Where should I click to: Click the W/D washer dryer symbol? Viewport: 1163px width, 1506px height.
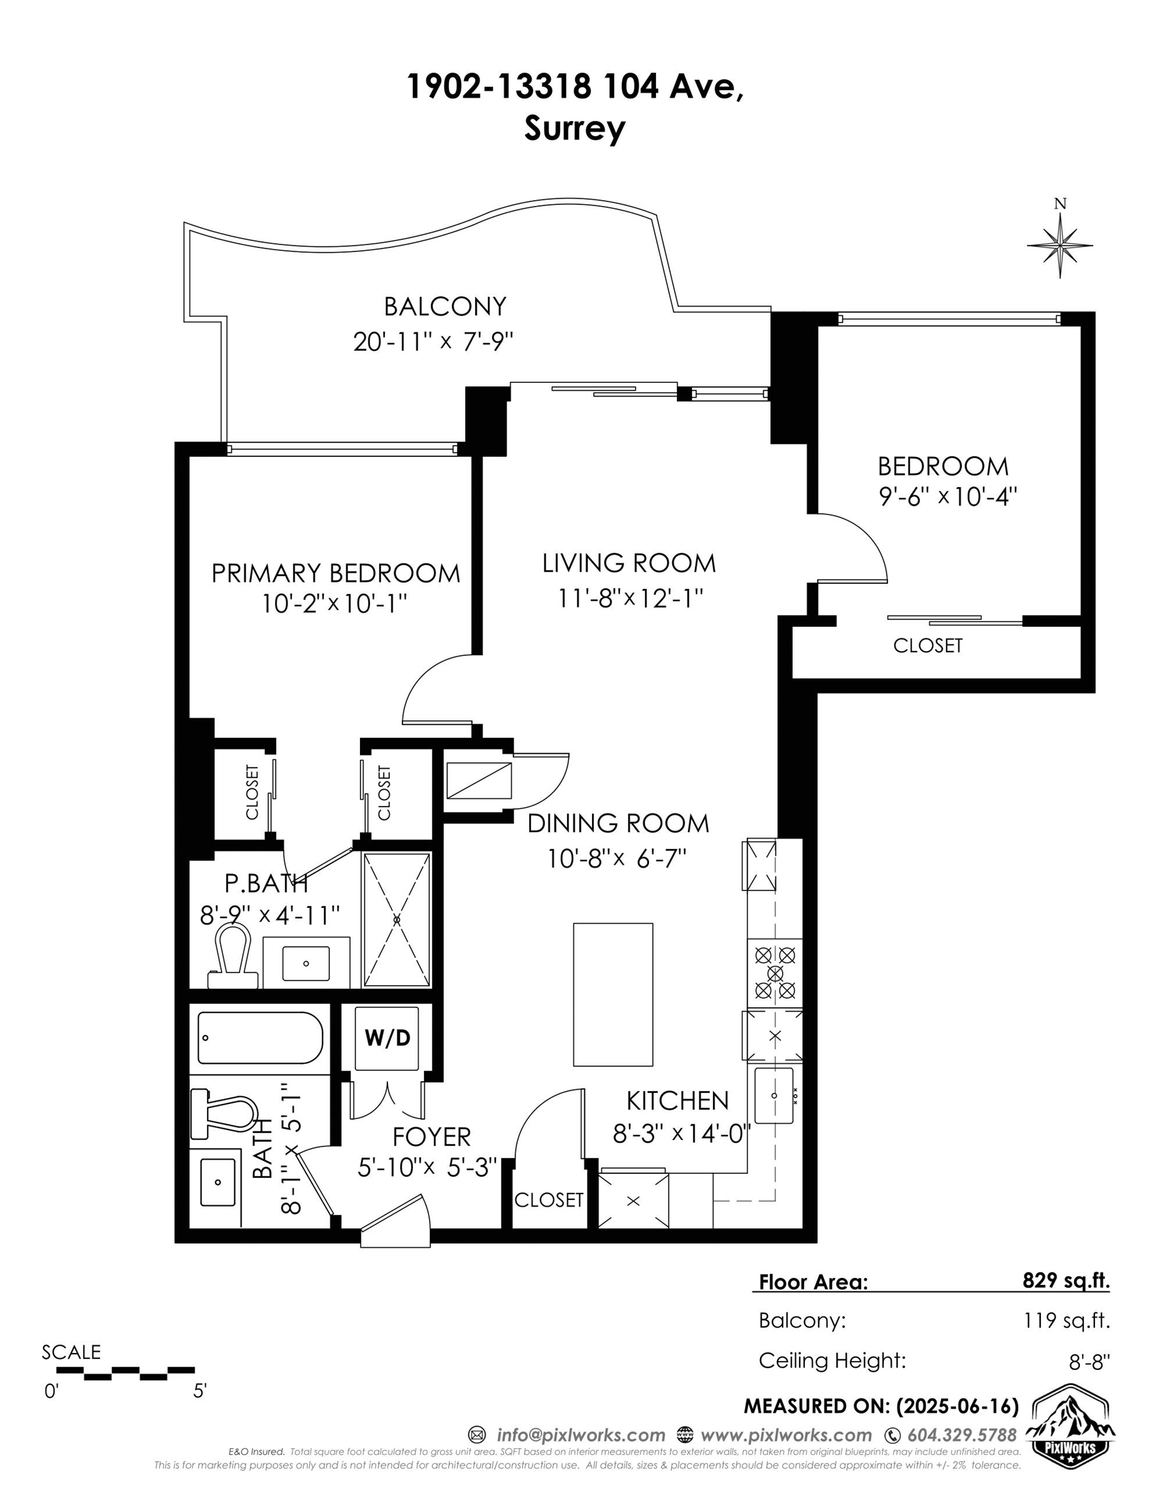pos(387,1038)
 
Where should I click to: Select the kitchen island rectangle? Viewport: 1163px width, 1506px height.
pos(613,994)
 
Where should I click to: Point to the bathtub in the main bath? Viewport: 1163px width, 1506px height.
pos(260,1039)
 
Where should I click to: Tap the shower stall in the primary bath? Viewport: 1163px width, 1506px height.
pos(397,920)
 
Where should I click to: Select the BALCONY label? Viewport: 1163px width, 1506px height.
pos(445,306)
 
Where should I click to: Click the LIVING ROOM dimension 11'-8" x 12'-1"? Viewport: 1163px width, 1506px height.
pos(629,598)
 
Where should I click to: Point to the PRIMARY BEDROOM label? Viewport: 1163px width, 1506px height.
pos(335,573)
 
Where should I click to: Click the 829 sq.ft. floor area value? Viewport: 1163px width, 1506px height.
pos(1066,1280)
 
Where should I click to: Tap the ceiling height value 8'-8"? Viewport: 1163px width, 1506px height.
pos(1089,1362)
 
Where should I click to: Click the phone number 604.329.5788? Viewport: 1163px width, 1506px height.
pos(962,1435)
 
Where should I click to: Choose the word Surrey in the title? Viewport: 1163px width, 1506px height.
pos(574,128)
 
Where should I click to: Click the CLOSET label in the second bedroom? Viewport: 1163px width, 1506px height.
pos(927,645)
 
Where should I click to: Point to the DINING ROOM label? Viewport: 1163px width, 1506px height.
pos(617,824)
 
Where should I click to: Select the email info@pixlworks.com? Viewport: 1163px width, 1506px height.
pos(580,1435)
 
